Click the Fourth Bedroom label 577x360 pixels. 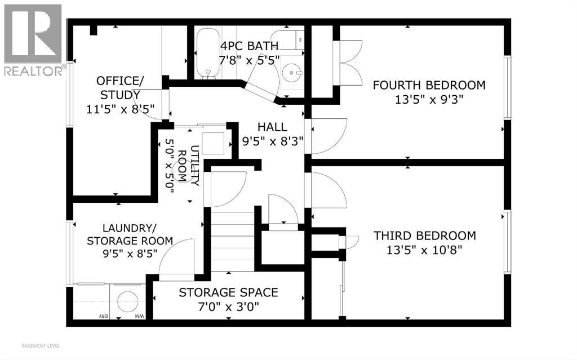tap(429, 85)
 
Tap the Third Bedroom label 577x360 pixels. tap(425, 235)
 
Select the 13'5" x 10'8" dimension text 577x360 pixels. tap(424, 250)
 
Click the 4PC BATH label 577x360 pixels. tap(249, 46)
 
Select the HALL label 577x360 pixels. tap(272, 127)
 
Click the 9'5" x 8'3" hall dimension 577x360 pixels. tap(272, 141)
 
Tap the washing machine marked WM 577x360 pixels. tap(128, 301)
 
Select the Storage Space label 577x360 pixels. tap(228, 292)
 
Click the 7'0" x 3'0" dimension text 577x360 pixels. tap(229, 306)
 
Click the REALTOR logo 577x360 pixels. tap(33, 40)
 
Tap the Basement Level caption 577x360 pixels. tap(41, 346)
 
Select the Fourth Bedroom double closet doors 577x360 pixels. tap(348, 63)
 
